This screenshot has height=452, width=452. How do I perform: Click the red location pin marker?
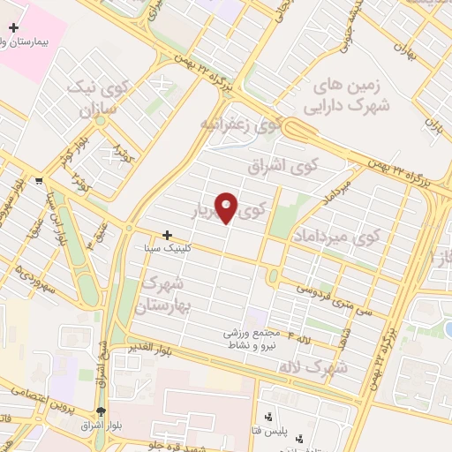(x=227, y=207)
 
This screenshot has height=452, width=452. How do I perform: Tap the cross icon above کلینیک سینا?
(x=168, y=235)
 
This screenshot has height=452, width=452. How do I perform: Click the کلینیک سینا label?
(x=167, y=249)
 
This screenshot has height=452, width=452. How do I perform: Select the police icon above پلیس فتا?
(x=268, y=416)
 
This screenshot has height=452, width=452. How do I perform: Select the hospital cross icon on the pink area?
(x=13, y=28)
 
